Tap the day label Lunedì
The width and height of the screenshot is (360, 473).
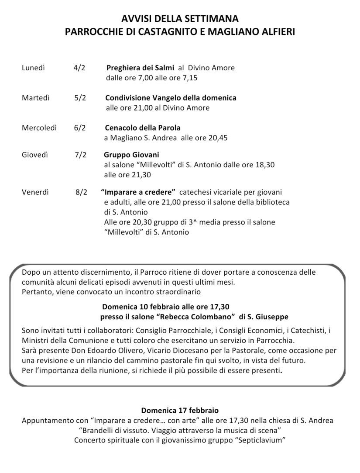pos(34,68)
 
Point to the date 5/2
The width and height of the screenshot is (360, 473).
pos(80,98)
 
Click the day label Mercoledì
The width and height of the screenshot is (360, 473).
pos(39,128)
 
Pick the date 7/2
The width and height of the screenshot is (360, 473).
pos(80,155)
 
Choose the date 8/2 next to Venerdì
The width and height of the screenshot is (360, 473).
pos(81,192)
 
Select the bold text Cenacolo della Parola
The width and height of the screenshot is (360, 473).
pos(143,128)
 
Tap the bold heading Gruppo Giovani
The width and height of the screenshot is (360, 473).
pos(131,155)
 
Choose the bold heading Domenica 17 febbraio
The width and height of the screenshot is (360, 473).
pos(180,411)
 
